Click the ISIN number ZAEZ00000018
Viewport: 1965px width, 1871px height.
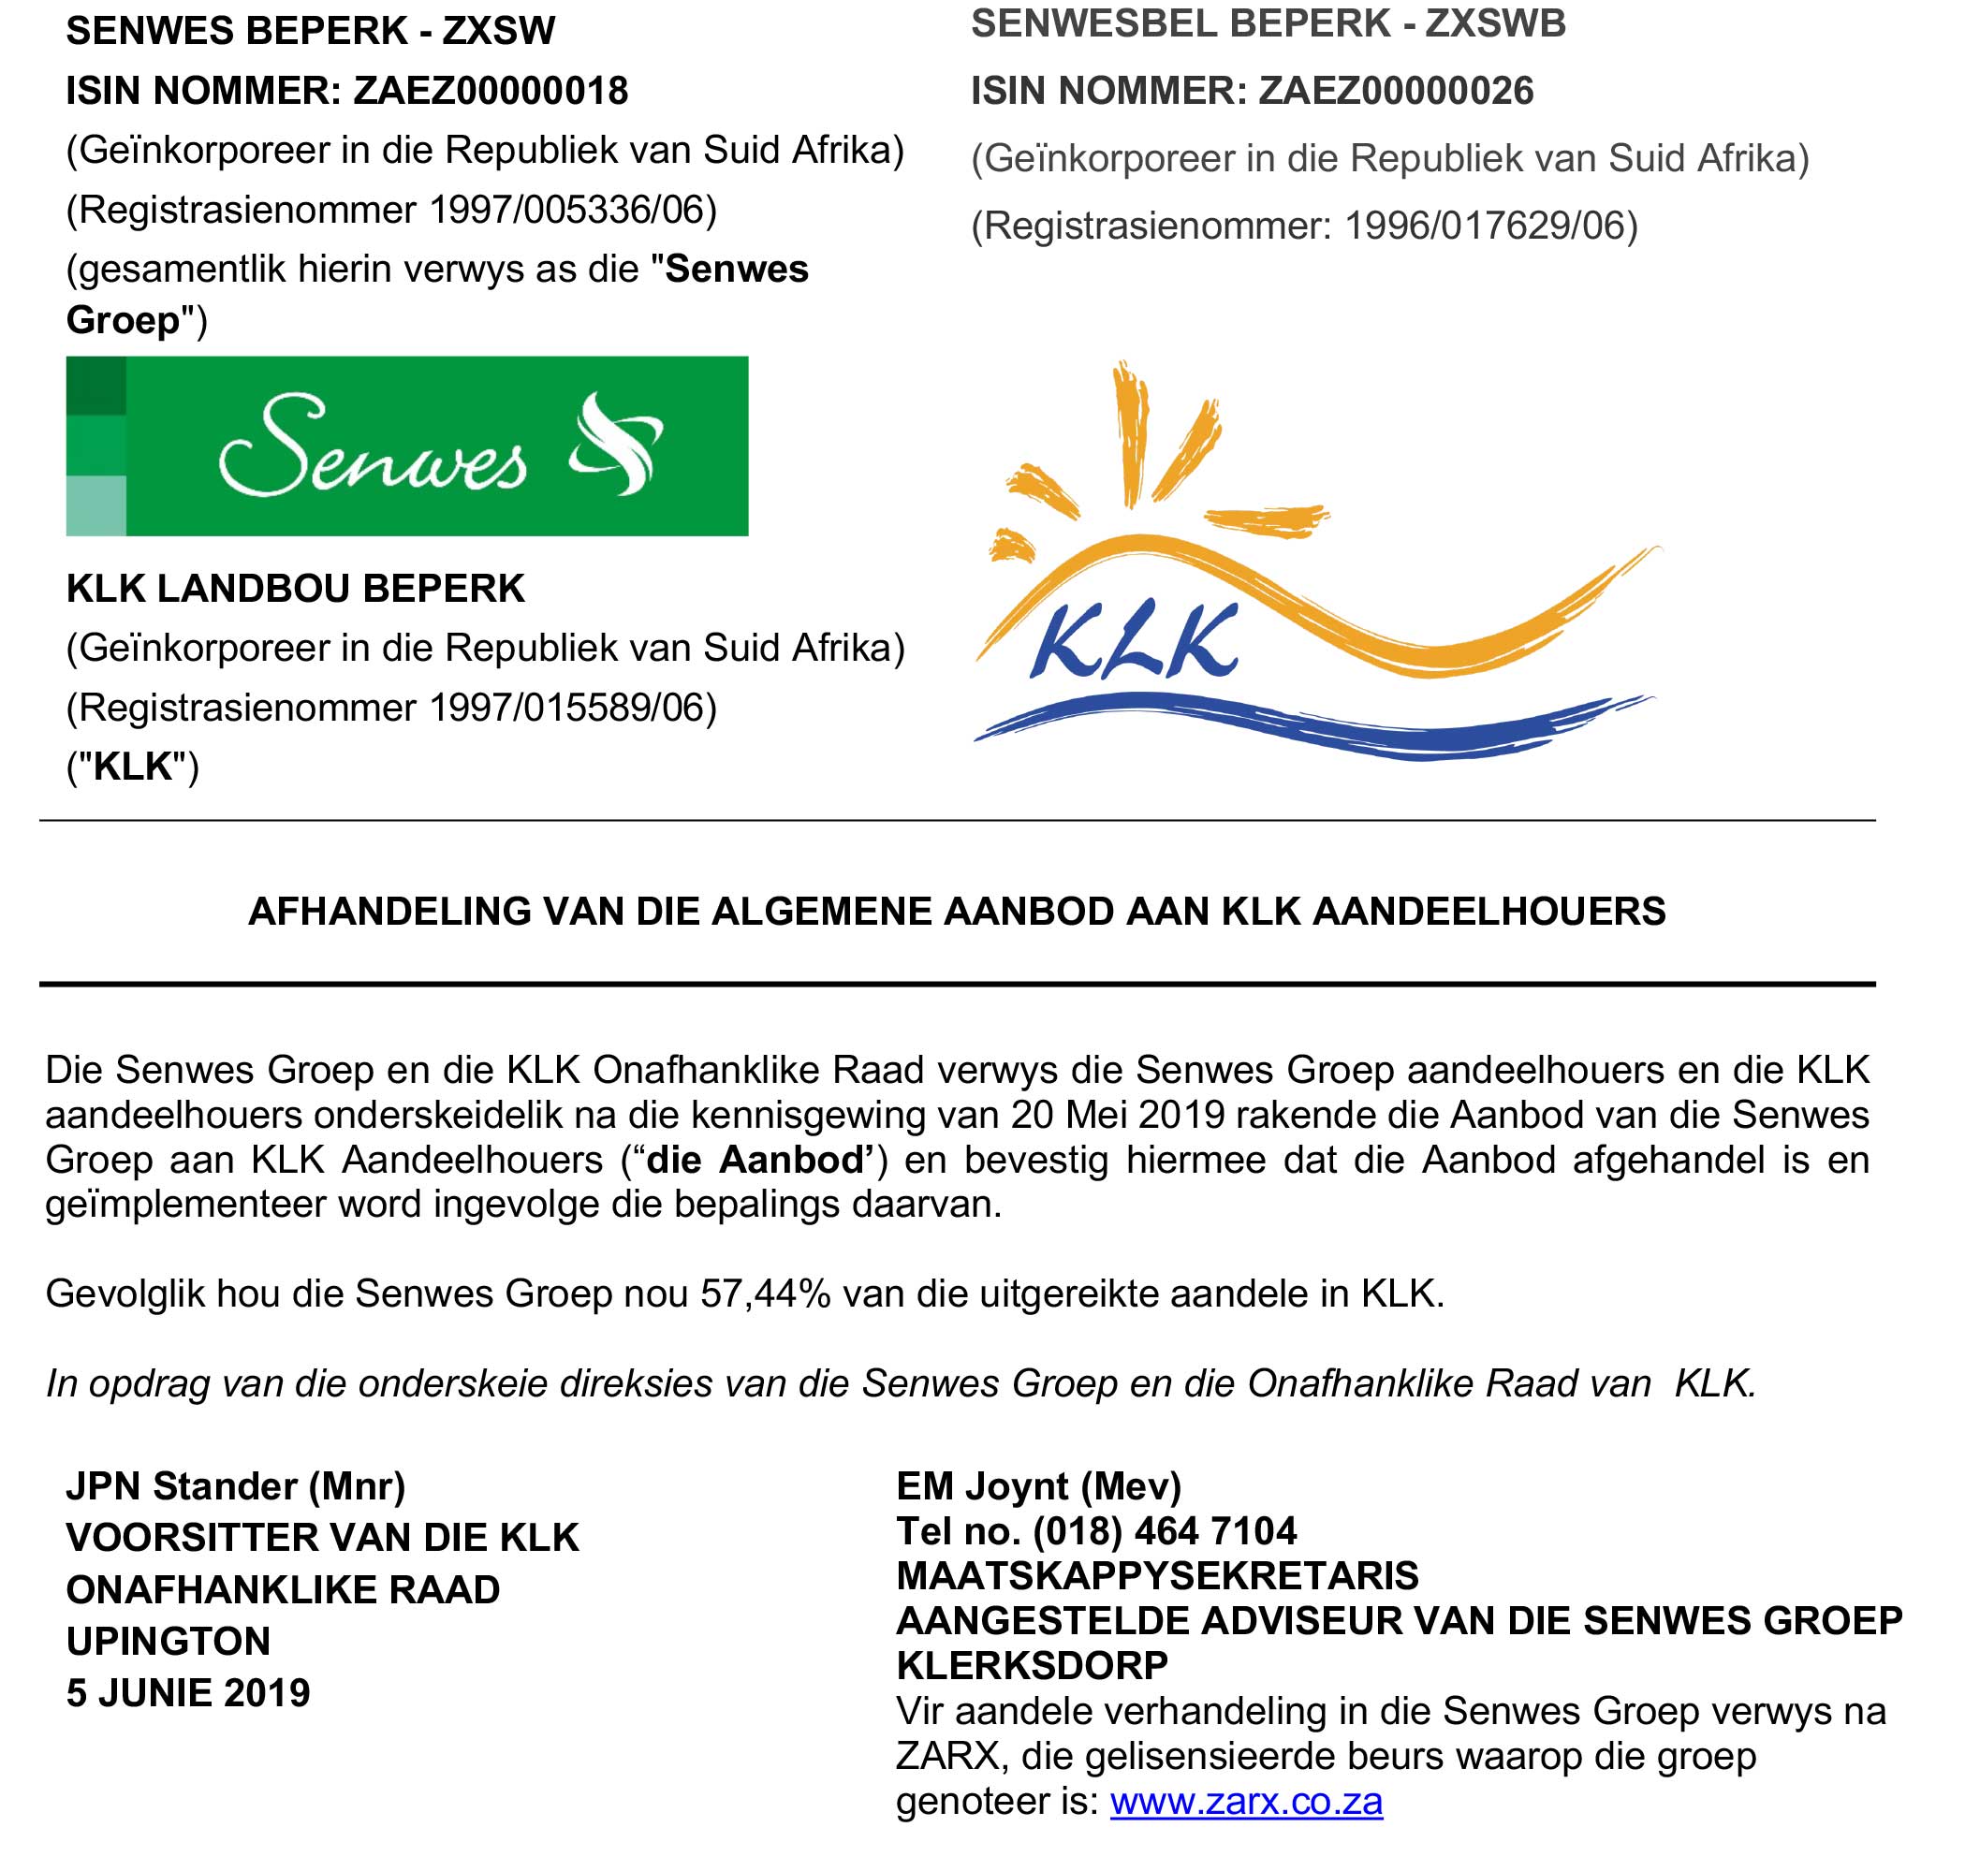click(x=491, y=91)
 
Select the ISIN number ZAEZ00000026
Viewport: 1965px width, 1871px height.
click(x=1396, y=91)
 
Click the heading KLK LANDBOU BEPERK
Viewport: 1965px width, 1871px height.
click(x=295, y=589)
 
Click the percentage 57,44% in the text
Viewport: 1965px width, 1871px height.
click(x=765, y=1294)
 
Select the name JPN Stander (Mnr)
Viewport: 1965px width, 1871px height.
click(x=235, y=1486)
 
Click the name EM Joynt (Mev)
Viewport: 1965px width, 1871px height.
click(x=1038, y=1486)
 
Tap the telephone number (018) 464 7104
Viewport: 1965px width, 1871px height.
click(x=1164, y=1531)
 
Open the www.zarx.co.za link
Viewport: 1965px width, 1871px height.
click(x=1246, y=1801)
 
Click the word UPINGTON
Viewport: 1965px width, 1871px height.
click(x=169, y=1641)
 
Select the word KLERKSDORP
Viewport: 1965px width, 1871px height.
click(x=1033, y=1665)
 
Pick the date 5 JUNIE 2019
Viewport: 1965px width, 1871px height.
click(x=188, y=1692)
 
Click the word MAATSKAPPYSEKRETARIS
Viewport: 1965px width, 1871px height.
click(x=1157, y=1576)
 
